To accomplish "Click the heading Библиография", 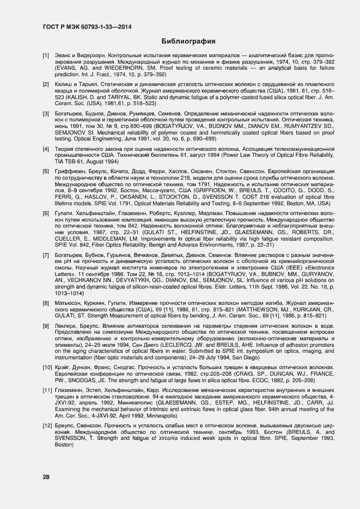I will [188, 41].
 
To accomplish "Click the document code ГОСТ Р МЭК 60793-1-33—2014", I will [81, 26].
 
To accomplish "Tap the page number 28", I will [46, 477].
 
